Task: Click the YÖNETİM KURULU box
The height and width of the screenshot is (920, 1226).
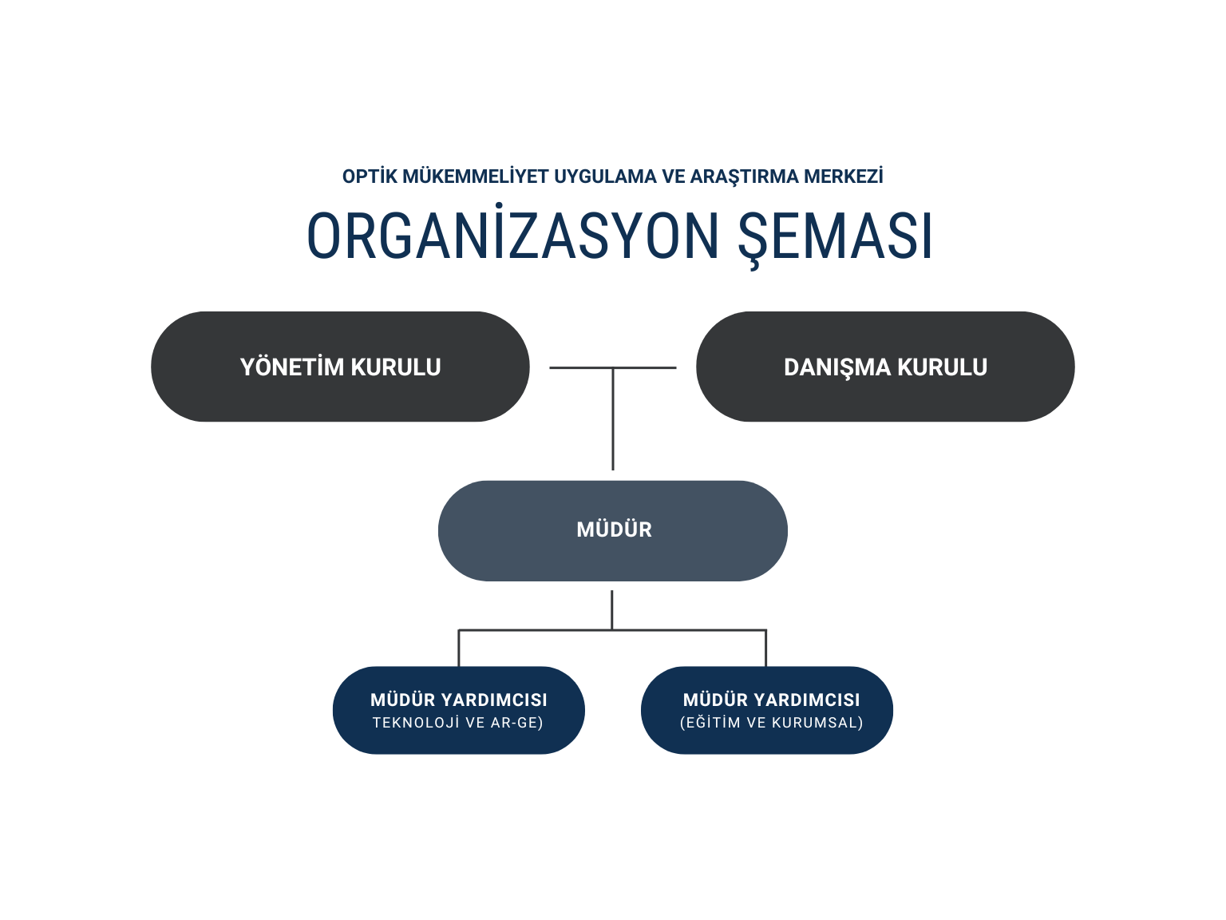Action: click(340, 367)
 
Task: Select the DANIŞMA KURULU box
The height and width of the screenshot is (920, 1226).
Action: click(885, 367)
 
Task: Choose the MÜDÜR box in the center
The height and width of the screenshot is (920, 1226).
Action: click(613, 530)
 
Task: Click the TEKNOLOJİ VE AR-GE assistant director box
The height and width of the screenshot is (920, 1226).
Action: click(459, 710)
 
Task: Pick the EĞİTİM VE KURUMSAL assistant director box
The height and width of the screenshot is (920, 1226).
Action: click(767, 710)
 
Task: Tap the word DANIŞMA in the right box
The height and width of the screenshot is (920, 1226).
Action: click(837, 367)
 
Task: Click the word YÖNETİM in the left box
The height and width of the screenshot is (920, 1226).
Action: click(292, 367)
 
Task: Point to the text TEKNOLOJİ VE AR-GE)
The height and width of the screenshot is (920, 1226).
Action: click(458, 722)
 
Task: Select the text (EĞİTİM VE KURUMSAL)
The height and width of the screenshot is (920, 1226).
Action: click(771, 722)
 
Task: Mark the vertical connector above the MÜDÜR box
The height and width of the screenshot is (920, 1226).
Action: click(613, 419)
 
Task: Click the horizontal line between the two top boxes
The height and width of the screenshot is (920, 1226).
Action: click(613, 367)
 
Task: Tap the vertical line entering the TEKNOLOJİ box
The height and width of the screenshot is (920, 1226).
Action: click(459, 648)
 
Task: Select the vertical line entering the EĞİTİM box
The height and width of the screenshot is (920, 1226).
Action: click(765, 648)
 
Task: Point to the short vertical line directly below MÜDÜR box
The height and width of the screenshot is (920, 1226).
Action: click(611, 610)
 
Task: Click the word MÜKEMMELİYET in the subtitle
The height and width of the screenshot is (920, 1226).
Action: click(476, 176)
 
